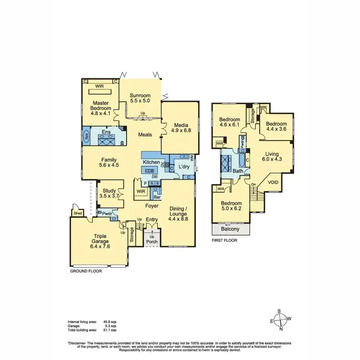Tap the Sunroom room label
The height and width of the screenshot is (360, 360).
coord(140,95)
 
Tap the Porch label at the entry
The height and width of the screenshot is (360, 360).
coord(151,241)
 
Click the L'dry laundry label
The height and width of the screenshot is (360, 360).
coord(185,166)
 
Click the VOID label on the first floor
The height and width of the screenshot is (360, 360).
coord(273,182)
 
